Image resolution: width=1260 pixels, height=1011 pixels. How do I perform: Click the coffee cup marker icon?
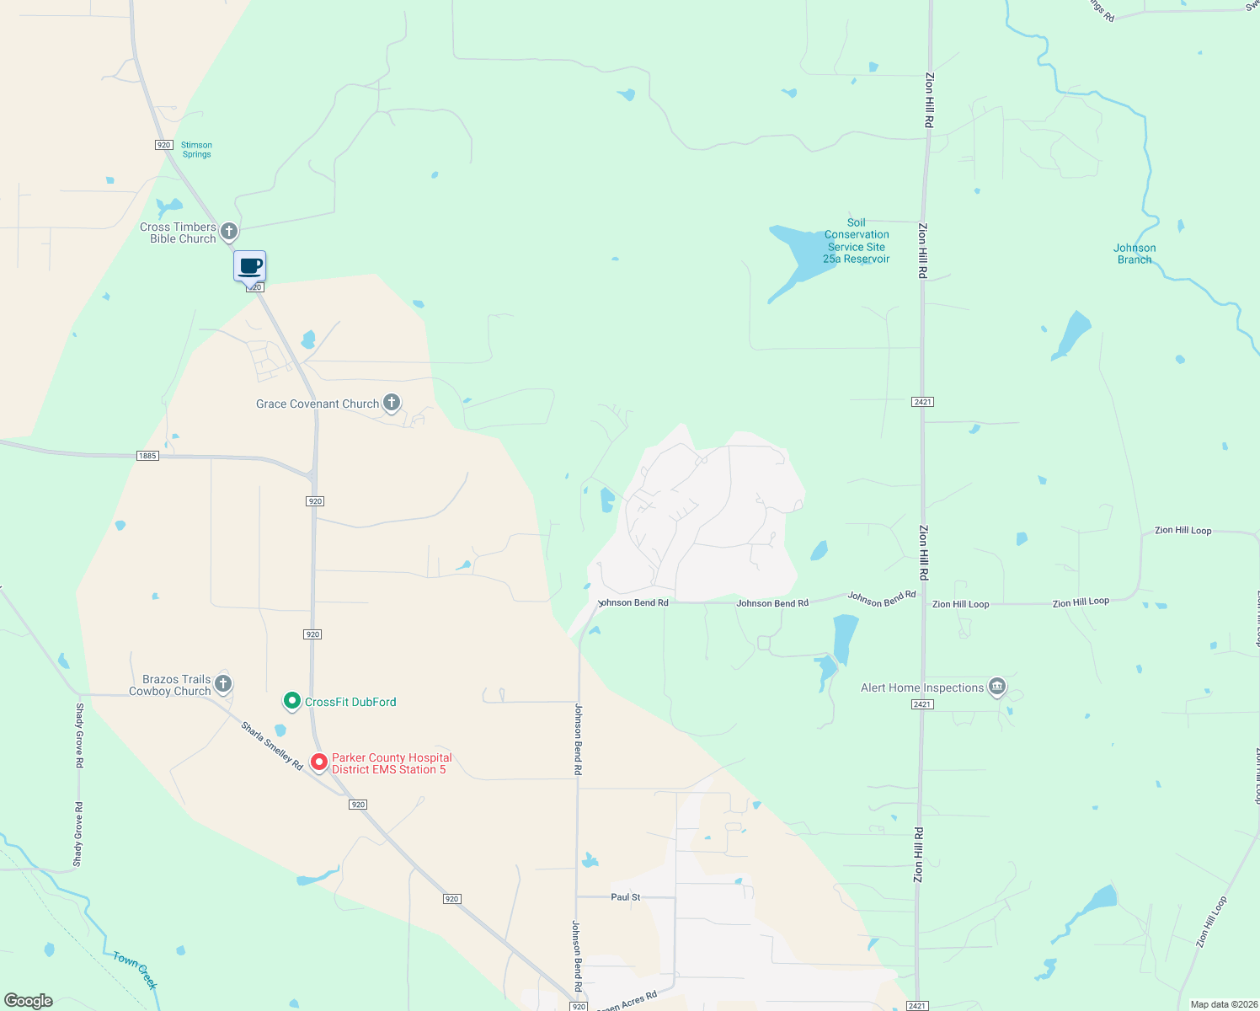(249, 266)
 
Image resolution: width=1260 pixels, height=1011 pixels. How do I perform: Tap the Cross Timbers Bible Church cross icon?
(228, 231)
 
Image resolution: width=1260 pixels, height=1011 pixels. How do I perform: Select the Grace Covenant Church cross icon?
(392, 403)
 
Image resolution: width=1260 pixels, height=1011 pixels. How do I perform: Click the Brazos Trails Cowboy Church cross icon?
(223, 683)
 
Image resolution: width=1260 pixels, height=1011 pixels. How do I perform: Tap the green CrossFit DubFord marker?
(291, 701)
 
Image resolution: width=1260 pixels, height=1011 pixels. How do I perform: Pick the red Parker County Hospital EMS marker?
(319, 762)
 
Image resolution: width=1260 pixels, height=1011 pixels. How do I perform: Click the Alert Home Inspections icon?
(997, 687)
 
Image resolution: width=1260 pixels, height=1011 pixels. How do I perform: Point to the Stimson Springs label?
(196, 150)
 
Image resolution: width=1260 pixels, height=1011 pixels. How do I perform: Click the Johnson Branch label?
(1135, 254)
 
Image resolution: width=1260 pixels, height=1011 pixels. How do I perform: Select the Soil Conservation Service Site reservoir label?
(856, 241)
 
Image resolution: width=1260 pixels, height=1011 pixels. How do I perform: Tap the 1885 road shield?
(147, 456)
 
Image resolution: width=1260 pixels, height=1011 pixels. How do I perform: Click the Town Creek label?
(136, 971)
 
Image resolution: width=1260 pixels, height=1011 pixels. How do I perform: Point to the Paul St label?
(626, 897)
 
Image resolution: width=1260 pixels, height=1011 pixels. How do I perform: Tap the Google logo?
(29, 1001)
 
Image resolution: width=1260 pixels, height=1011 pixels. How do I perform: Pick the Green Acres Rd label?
(627, 1002)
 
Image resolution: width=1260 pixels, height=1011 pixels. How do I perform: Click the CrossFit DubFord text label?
(350, 702)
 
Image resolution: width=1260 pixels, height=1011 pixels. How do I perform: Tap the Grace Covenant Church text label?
(318, 404)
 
